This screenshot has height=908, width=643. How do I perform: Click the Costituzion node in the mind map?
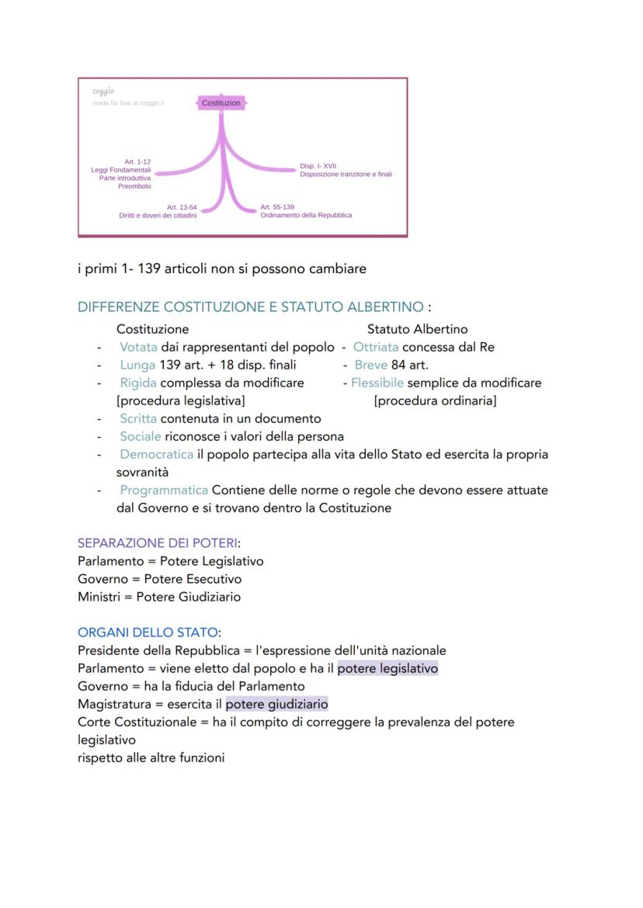coord(221,102)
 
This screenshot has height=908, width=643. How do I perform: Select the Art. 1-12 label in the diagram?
coord(137,161)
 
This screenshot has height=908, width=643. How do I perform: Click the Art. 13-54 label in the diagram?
coord(182,207)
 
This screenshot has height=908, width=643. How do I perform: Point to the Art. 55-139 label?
coord(277,207)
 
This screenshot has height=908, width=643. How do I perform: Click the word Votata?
coord(138,347)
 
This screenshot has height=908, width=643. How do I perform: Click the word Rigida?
coord(138,383)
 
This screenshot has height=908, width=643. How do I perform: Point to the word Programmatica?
coord(164,490)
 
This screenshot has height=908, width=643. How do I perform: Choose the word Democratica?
coord(157,454)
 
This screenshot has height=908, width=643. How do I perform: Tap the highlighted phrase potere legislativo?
coord(388,668)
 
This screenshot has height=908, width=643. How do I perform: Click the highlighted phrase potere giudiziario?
coord(276,704)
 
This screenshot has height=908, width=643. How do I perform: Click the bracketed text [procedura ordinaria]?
coord(435,400)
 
